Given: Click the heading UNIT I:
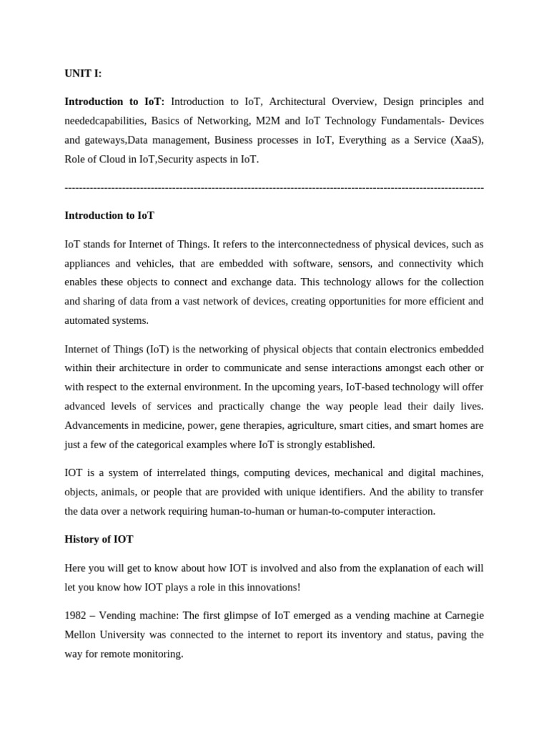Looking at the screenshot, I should [x=83, y=74].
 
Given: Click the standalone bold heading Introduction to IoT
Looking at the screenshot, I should [x=109, y=215].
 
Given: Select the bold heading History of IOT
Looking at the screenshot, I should [x=99, y=539].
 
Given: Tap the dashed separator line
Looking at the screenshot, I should [x=274, y=187].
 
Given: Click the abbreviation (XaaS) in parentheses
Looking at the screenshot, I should [x=467, y=140].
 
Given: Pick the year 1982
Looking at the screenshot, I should [x=76, y=615].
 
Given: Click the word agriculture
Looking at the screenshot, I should [x=320, y=425].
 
